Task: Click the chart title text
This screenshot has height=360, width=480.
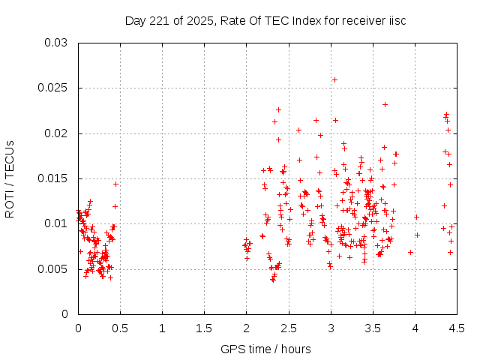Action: (x=265, y=20)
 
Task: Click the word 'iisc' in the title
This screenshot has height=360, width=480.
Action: (x=395, y=20)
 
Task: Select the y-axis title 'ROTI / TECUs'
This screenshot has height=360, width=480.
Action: (x=10, y=178)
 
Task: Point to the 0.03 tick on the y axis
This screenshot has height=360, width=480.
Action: (x=56, y=43)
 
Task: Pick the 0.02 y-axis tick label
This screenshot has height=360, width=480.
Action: (x=56, y=133)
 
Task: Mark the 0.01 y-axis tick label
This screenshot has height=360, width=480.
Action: (x=56, y=223)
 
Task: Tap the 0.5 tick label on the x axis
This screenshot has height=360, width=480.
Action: (x=120, y=328)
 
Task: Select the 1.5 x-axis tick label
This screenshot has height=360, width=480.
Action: (x=204, y=328)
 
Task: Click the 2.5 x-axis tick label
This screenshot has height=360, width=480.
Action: (x=288, y=328)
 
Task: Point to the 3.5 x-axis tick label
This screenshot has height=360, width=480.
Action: (x=372, y=328)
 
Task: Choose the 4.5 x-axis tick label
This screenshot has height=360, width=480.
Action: (x=456, y=328)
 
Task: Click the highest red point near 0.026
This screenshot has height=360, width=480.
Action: (x=334, y=79)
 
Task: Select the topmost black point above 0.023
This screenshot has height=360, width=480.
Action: (x=385, y=104)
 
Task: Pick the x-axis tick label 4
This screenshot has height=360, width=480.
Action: (x=415, y=328)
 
